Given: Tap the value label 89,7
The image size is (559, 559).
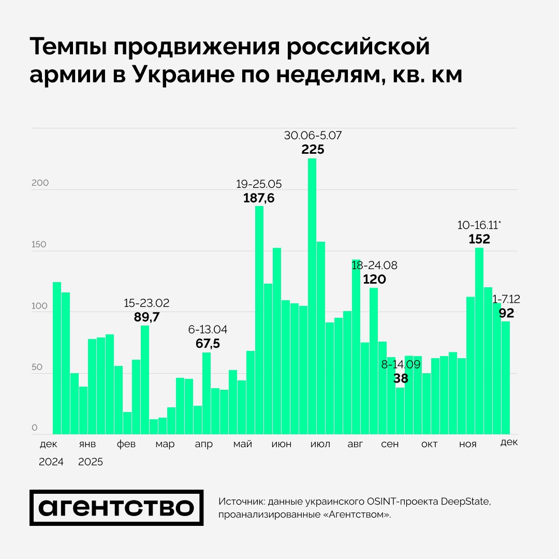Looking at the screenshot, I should (x=146, y=317).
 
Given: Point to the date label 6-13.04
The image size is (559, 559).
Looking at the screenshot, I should (x=208, y=329).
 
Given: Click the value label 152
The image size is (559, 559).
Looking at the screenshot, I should (x=479, y=239).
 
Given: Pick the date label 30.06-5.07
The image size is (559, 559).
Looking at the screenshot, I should (x=313, y=136).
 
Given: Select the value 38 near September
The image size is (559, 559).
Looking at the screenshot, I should (x=400, y=378).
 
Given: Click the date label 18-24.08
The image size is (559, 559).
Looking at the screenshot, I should (x=375, y=266).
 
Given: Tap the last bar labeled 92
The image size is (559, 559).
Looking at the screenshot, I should (x=506, y=378).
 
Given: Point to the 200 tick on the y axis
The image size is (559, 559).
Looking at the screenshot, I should (x=40, y=183).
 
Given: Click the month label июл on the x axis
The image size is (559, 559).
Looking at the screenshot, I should (x=320, y=445).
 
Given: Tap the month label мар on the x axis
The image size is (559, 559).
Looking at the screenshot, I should (x=165, y=445).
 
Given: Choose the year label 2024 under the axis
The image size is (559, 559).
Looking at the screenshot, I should (x=51, y=462).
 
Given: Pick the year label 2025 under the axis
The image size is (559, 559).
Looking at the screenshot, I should (x=91, y=462).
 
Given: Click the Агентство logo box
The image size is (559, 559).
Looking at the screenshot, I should (x=116, y=508).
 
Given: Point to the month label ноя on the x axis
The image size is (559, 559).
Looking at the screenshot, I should (x=468, y=445).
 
